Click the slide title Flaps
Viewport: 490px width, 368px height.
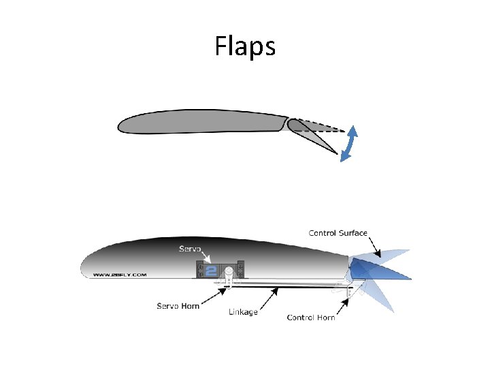(x=245, y=46)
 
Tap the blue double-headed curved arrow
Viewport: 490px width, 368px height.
(x=349, y=144)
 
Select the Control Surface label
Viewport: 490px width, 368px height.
(x=338, y=233)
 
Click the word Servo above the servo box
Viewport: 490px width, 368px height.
(x=190, y=249)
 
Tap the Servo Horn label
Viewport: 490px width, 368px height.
(x=178, y=306)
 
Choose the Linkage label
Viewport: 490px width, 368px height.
(x=243, y=313)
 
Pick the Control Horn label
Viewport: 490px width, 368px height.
(x=311, y=318)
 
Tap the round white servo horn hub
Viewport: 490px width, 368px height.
(x=230, y=272)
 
